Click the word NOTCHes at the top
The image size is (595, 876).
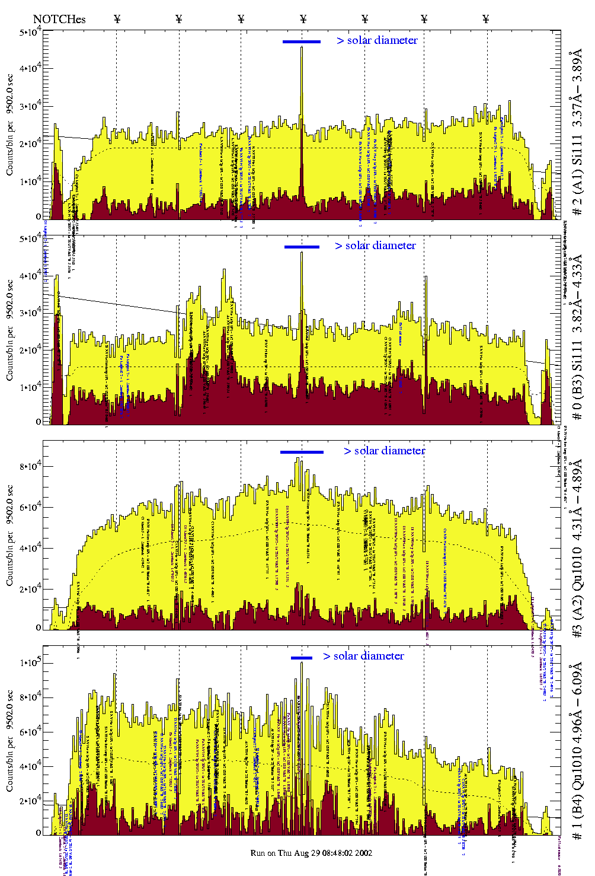pos(59,19)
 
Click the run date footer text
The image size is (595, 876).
pos(311,853)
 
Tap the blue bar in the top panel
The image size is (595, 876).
pos(302,42)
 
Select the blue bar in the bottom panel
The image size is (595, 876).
pos(302,658)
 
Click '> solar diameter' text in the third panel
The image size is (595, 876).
pos(384,451)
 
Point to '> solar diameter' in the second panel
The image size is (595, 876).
pos(375,246)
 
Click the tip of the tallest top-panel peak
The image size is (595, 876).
pos(302,47)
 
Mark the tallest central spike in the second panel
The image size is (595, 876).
pos(302,253)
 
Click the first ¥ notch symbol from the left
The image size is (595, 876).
pos(117,19)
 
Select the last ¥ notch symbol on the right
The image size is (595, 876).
pos(486,19)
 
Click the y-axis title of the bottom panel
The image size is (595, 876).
pos(10,741)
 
